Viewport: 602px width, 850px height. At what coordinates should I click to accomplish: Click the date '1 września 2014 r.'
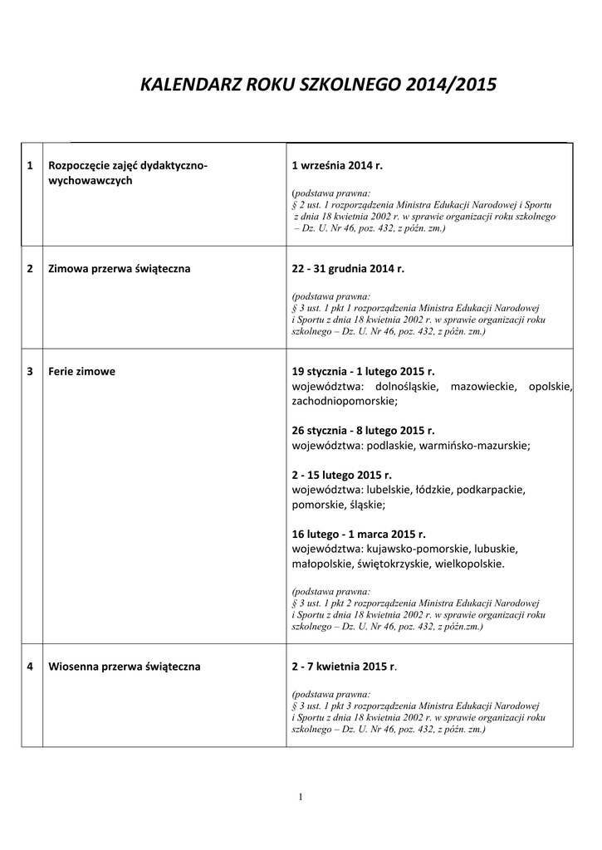tap(337, 166)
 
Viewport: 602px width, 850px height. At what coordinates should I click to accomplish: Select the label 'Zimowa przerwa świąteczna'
tap(120, 269)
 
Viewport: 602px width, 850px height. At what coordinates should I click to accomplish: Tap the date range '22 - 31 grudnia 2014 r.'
tap(348, 269)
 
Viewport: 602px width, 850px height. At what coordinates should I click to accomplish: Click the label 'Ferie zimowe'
tap(81, 372)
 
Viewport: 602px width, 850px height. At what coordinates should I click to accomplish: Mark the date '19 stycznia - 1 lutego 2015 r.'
tap(363, 372)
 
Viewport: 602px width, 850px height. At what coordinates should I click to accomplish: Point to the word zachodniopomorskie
tap(345, 401)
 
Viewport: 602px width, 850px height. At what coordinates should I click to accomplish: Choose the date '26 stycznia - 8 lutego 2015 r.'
tap(363, 431)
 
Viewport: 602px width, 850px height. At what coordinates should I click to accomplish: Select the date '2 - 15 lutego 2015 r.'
tap(341, 475)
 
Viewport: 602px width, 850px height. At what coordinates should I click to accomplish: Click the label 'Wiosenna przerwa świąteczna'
tap(124, 666)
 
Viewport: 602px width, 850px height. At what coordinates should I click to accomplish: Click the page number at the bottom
tap(301, 798)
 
